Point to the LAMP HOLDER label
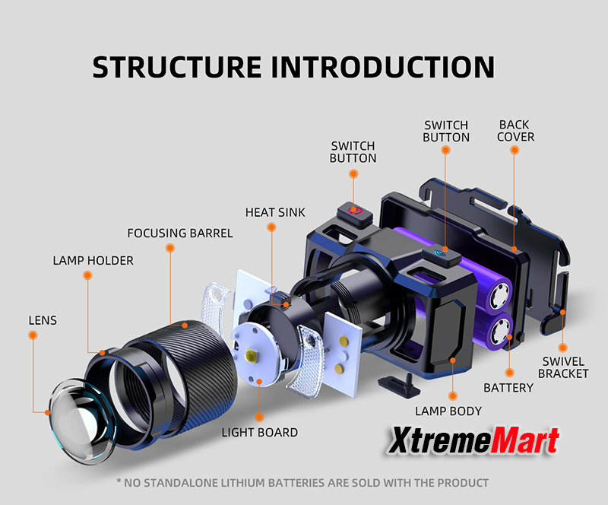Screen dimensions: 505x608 [93, 261]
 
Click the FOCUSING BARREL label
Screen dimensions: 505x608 [180, 233]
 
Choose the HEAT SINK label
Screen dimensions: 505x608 [275, 213]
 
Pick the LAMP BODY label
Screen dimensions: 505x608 [448, 411]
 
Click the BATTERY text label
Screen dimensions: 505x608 [508, 388]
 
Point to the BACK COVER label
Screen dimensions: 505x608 [516, 131]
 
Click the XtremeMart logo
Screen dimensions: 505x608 [475, 442]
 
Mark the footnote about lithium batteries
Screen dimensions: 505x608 [302, 482]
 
